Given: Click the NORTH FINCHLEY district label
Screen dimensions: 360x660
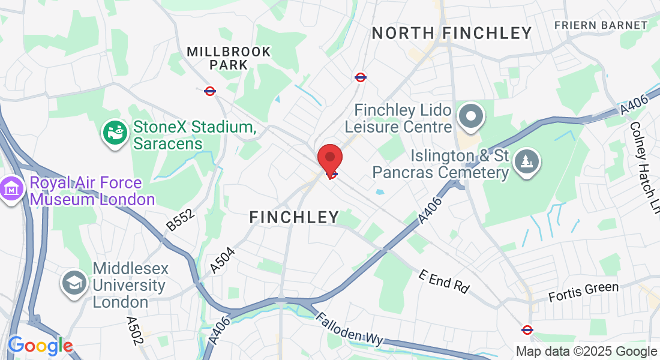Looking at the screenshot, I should pyautogui.click(x=452, y=33).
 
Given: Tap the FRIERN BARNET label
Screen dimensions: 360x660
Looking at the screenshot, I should pyautogui.click(x=601, y=25).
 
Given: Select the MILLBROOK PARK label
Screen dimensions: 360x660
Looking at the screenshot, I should pyautogui.click(x=229, y=58).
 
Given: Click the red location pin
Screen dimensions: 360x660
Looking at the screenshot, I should pyautogui.click(x=329, y=159).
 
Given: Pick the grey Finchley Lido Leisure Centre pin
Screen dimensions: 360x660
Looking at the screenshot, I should pyautogui.click(x=471, y=116).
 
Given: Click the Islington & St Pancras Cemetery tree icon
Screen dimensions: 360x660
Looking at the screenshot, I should pyautogui.click(x=526, y=161).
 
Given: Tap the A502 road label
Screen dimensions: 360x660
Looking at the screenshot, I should pyautogui.click(x=135, y=330).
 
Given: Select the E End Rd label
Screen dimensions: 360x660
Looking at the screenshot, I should pyautogui.click(x=444, y=281).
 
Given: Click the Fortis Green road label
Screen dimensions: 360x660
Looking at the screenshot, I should pyautogui.click(x=584, y=292).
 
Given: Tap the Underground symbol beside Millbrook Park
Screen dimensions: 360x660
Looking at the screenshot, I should pyautogui.click(x=210, y=91).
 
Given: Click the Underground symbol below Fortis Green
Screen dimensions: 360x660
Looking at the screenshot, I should pyautogui.click(x=527, y=329).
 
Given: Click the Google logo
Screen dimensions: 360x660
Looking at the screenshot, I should pyautogui.click(x=40, y=346).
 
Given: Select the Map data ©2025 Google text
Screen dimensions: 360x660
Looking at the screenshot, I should pyautogui.click(x=586, y=352).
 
